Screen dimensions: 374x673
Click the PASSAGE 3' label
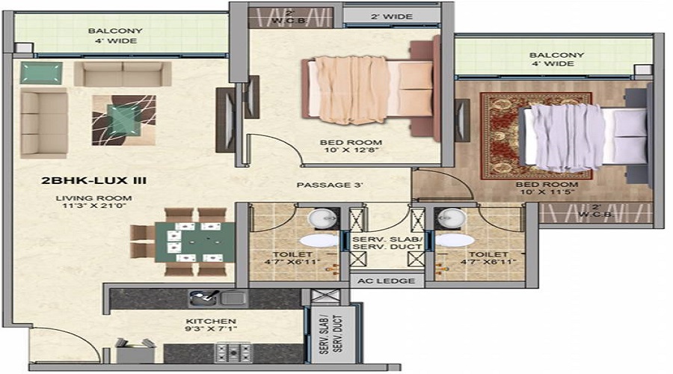pyautogui.click(x=330, y=186)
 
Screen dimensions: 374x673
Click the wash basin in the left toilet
pyautogui.click(x=322, y=218)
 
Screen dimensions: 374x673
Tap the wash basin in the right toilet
pyautogui.click(x=452, y=218)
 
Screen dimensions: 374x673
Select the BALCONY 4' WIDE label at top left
pyautogui.click(x=112, y=36)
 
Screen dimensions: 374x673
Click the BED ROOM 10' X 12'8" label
pyautogui.click(x=340, y=147)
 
